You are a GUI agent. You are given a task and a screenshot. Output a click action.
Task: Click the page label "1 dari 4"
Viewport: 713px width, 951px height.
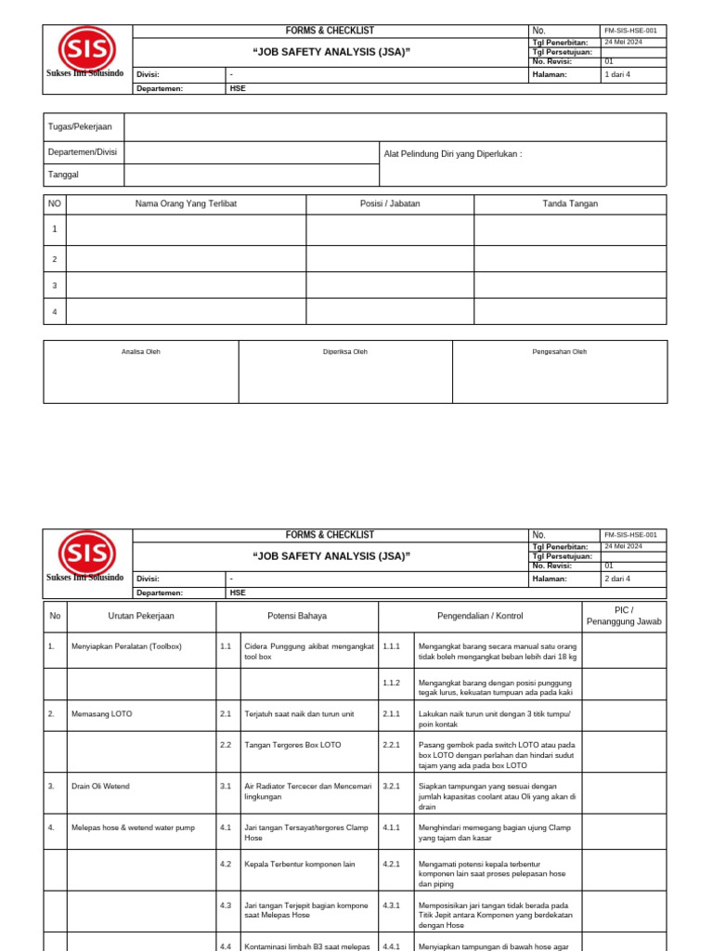(616, 74)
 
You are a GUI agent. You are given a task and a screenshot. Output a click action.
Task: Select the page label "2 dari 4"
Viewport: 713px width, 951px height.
(616, 579)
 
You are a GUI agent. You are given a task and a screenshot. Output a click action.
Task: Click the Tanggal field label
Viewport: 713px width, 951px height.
(63, 175)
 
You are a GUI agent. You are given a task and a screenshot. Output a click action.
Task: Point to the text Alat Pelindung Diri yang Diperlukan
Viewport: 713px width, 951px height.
(452, 153)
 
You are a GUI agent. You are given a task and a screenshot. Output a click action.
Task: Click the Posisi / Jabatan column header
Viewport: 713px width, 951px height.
(390, 203)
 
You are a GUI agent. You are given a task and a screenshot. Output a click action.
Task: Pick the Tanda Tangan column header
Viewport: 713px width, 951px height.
(570, 203)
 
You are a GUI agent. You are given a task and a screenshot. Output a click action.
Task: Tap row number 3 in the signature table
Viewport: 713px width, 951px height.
(55, 285)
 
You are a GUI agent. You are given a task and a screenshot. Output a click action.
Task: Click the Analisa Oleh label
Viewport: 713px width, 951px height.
(141, 352)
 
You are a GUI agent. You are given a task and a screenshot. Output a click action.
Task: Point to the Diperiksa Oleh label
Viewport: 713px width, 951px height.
(345, 352)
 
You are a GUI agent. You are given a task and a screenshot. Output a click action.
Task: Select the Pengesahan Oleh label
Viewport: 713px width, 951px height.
(559, 352)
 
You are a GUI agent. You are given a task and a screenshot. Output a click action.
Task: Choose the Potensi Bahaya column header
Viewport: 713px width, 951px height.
(297, 616)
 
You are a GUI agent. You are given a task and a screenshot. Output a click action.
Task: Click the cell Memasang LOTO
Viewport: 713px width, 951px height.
(102, 714)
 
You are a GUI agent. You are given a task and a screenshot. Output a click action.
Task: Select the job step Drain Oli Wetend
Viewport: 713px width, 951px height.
(100, 786)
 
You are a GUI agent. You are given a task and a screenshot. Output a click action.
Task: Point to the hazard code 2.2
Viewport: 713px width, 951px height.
(226, 745)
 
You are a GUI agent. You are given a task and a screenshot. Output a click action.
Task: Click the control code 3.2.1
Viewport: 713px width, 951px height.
(391, 786)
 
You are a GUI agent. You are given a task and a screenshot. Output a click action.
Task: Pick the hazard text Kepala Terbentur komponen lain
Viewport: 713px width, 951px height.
(302, 864)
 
